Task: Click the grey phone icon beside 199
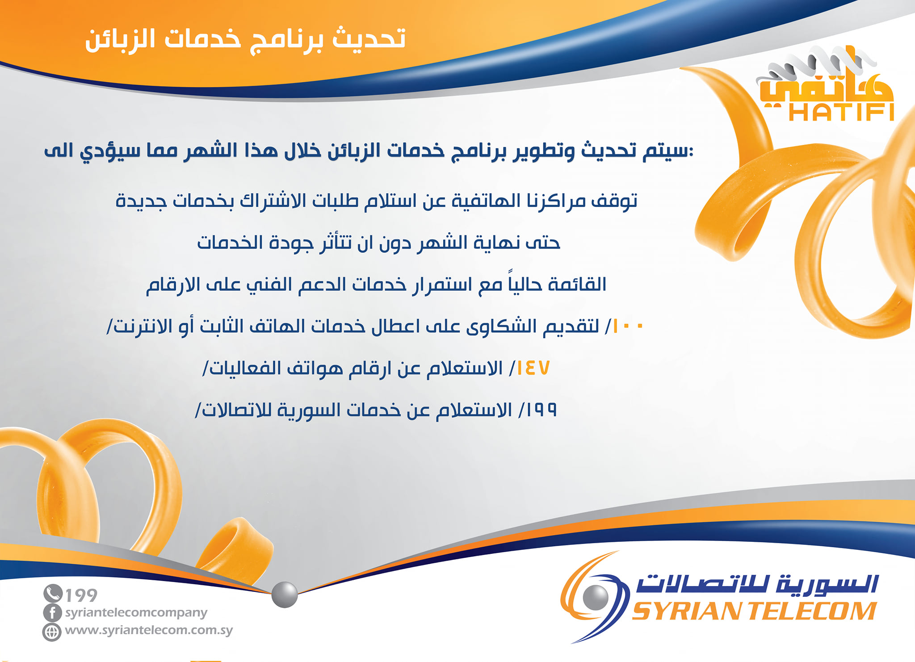coord(53,594)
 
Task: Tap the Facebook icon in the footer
coord(52,612)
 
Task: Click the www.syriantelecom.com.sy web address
coord(149,630)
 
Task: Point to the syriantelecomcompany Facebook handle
coord(136,613)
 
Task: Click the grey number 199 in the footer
coord(81,595)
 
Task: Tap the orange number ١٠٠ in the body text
coord(628,327)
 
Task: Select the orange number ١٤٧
coord(533,368)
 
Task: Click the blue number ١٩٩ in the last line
coord(542,410)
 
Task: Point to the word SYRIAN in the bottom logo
coord(686,611)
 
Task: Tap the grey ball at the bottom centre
coord(285,595)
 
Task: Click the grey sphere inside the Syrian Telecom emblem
coord(596,597)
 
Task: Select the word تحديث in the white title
coord(369,38)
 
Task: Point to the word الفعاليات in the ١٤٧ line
coord(245,369)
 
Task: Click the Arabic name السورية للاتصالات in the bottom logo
coord(757,583)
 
